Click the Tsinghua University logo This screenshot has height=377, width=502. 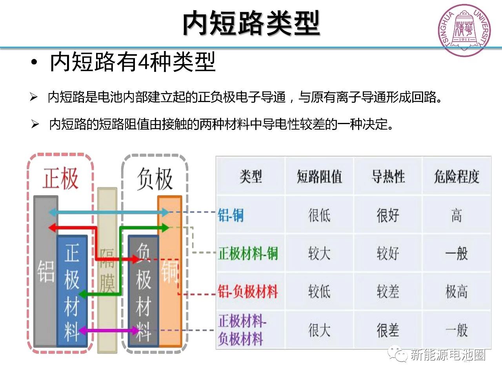pyautogui.click(x=465, y=30)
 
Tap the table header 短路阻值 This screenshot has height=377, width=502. pyautogui.click(x=319, y=176)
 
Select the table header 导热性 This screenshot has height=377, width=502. pyautogui.click(x=388, y=176)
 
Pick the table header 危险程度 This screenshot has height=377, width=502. pyautogui.click(x=457, y=176)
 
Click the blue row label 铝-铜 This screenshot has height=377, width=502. pyautogui.click(x=231, y=215)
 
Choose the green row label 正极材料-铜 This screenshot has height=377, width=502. pyautogui.click(x=248, y=253)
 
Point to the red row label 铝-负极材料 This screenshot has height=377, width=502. pyautogui.click(x=248, y=291)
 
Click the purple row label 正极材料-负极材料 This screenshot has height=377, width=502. pyautogui.click(x=242, y=329)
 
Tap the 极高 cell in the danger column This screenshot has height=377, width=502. pyautogui.click(x=457, y=291)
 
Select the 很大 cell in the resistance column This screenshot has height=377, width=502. pyautogui.click(x=319, y=330)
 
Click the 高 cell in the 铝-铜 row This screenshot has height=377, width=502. pyautogui.click(x=457, y=215)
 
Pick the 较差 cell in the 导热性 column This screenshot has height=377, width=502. pyautogui.click(x=388, y=291)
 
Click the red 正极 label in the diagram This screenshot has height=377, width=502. pyautogui.click(x=61, y=179)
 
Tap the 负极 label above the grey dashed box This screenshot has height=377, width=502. pyautogui.click(x=155, y=179)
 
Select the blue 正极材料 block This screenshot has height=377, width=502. pyautogui.click(x=72, y=291)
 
